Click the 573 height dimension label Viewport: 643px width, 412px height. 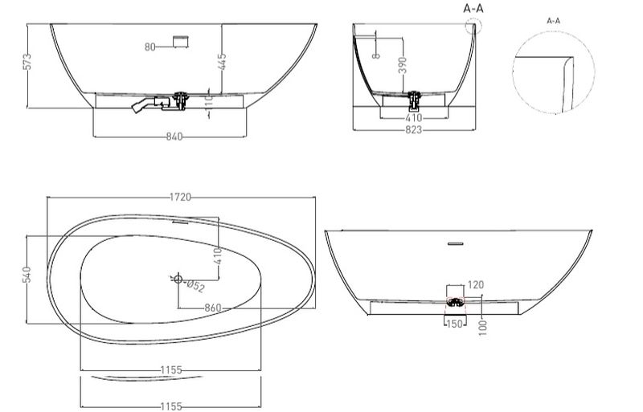[27, 62]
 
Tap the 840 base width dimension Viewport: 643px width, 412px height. [174, 136]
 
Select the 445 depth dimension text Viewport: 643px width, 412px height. [222, 62]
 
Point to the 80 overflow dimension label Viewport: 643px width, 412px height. [150, 47]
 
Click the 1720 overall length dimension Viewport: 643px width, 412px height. [180, 198]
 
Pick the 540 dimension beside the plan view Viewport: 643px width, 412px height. [27, 275]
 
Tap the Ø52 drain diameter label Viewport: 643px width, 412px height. [195, 286]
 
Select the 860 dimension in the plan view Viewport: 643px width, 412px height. [213, 308]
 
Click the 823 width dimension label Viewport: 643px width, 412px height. [413, 130]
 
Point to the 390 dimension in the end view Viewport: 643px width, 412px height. [403, 66]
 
